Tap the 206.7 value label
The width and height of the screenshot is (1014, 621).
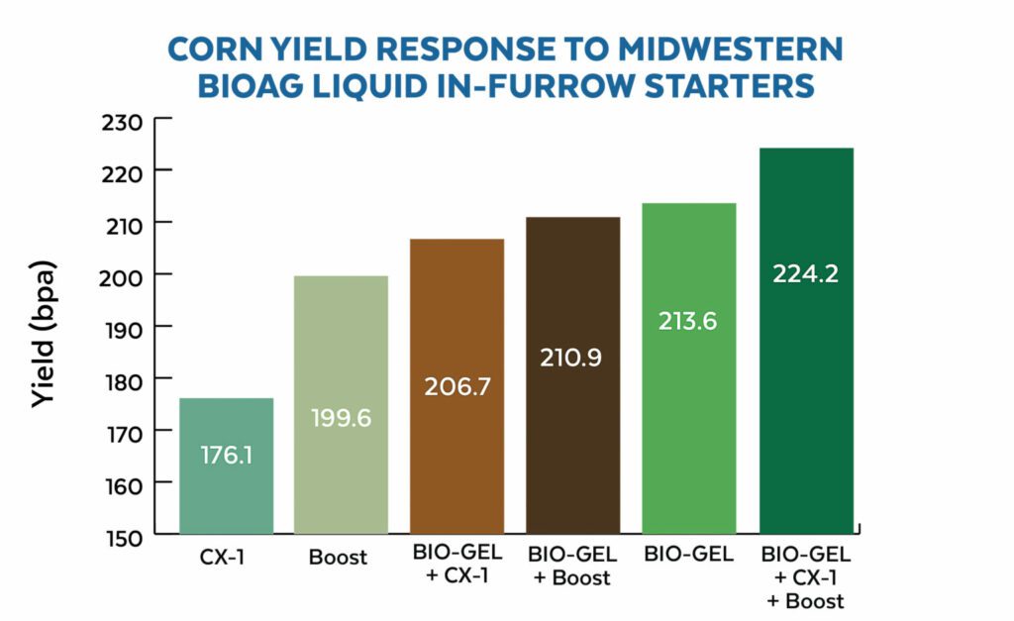(x=456, y=386)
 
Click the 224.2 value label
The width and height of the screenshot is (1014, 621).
(x=805, y=273)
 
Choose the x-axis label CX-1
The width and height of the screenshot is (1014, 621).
(x=226, y=557)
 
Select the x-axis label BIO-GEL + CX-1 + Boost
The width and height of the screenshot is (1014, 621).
(x=805, y=577)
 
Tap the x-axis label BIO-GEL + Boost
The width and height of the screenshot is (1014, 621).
(x=572, y=567)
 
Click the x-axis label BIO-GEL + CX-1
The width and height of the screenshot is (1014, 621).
(x=456, y=567)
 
